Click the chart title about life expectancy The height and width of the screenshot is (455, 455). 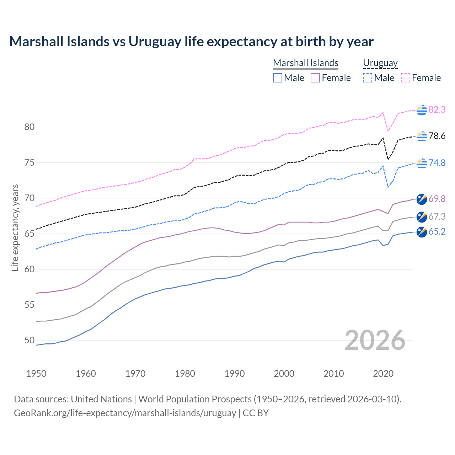click(191, 42)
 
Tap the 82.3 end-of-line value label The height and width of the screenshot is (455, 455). click(437, 109)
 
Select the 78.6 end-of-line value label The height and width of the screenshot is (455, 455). click(437, 136)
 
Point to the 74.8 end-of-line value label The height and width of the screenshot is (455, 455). click(437, 163)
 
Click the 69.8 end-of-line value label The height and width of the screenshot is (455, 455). click(437, 199)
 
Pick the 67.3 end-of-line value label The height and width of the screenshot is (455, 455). click(437, 216)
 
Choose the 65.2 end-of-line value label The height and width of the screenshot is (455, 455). click(437, 232)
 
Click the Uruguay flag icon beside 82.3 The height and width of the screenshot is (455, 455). click(422, 110)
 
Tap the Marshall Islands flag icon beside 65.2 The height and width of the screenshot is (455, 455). click(422, 232)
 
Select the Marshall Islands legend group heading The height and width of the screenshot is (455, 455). click(305, 63)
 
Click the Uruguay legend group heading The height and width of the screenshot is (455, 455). click(380, 63)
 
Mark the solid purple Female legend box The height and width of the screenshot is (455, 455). click(315, 78)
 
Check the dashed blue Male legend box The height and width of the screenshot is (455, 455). click(368, 78)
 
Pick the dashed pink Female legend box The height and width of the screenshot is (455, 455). click(406, 78)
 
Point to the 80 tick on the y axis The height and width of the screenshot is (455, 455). click(30, 127)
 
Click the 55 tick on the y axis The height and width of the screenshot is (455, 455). click(30, 305)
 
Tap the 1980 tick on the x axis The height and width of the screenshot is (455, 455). click(185, 374)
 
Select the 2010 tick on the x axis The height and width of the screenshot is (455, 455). click(333, 374)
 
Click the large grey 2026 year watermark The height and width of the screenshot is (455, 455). click(375, 340)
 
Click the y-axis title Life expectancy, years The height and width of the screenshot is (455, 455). click(15, 227)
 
